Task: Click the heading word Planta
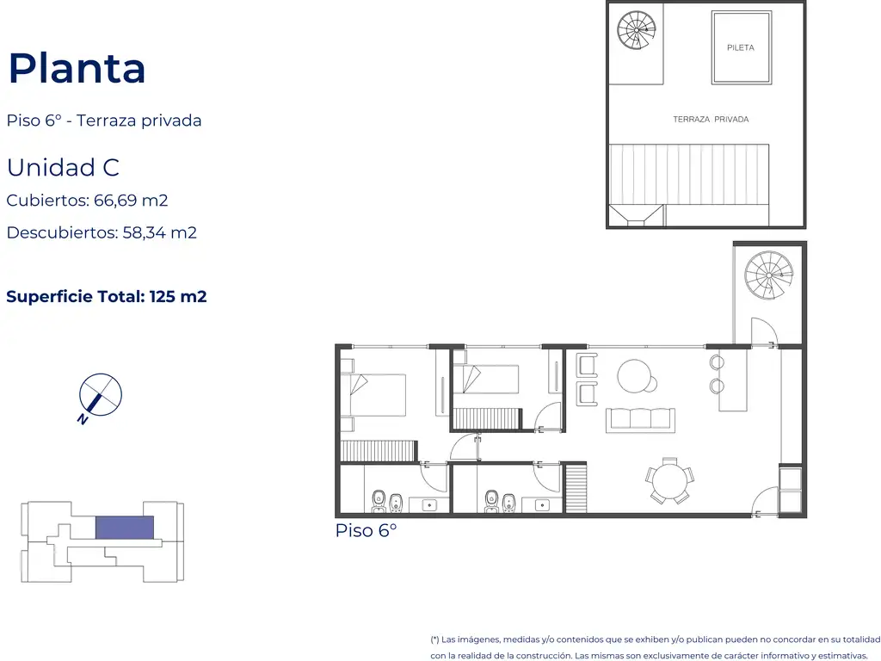[77, 69]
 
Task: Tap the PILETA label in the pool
[741, 48]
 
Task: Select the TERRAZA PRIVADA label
[711, 119]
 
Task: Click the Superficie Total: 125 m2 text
[106, 296]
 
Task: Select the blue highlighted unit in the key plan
[124, 528]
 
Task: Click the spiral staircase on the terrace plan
[636, 30]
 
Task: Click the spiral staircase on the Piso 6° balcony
[768, 275]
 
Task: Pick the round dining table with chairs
[669, 481]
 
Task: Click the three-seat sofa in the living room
[640, 420]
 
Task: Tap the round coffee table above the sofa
[636, 376]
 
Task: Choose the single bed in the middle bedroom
[486, 379]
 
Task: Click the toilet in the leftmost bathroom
[379, 501]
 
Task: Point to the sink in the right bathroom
[542, 505]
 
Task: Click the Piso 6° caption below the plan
[366, 530]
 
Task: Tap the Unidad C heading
[63, 168]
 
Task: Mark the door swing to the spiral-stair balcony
[764, 331]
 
